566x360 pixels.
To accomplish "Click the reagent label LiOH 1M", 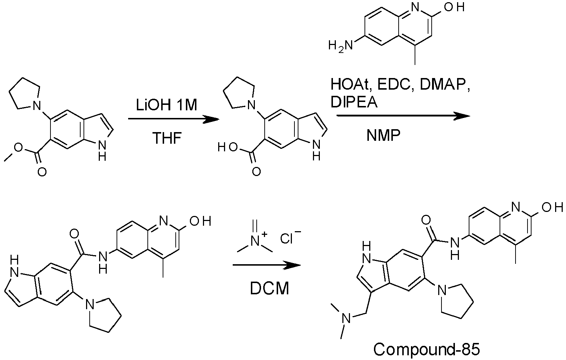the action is (x=167, y=105).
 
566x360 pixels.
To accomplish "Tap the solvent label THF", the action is (x=167, y=138).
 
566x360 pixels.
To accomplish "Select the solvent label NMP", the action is (x=384, y=136).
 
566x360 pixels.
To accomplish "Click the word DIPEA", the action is (x=354, y=102).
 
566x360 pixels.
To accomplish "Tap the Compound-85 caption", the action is (x=426, y=349).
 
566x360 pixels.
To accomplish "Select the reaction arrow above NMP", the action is (x=403, y=116).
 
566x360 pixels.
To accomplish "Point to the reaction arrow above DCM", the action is (x=267, y=265).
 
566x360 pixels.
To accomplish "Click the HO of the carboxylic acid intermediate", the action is (x=228, y=148).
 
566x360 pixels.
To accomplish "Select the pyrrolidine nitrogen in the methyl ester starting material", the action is (x=37, y=105).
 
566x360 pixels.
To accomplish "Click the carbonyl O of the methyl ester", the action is (x=42, y=172).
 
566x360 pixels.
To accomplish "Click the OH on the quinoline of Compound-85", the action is (x=553, y=208).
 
